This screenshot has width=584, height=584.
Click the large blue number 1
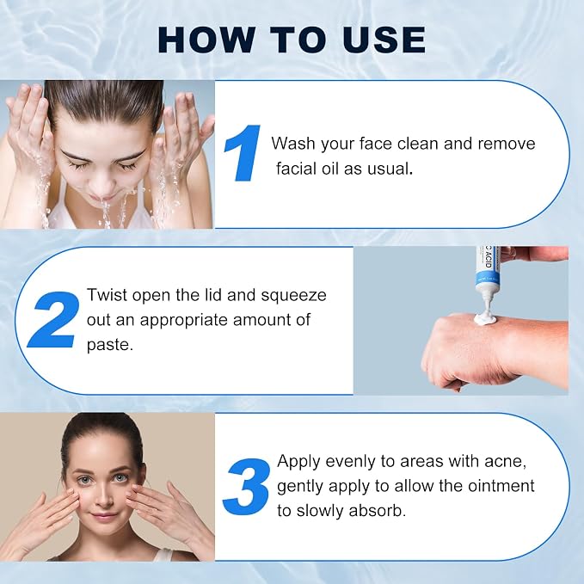pyautogui.click(x=243, y=153)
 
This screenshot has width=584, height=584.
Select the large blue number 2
pyautogui.click(x=54, y=320)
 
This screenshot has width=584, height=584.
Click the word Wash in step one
pyautogui.click(x=293, y=144)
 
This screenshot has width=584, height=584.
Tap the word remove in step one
pyautogui.click(x=507, y=144)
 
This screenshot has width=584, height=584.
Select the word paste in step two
pyautogui.click(x=110, y=345)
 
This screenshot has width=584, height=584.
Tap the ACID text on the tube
pyautogui.click(x=489, y=259)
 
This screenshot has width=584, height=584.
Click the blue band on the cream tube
pyautogui.click(x=487, y=279)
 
